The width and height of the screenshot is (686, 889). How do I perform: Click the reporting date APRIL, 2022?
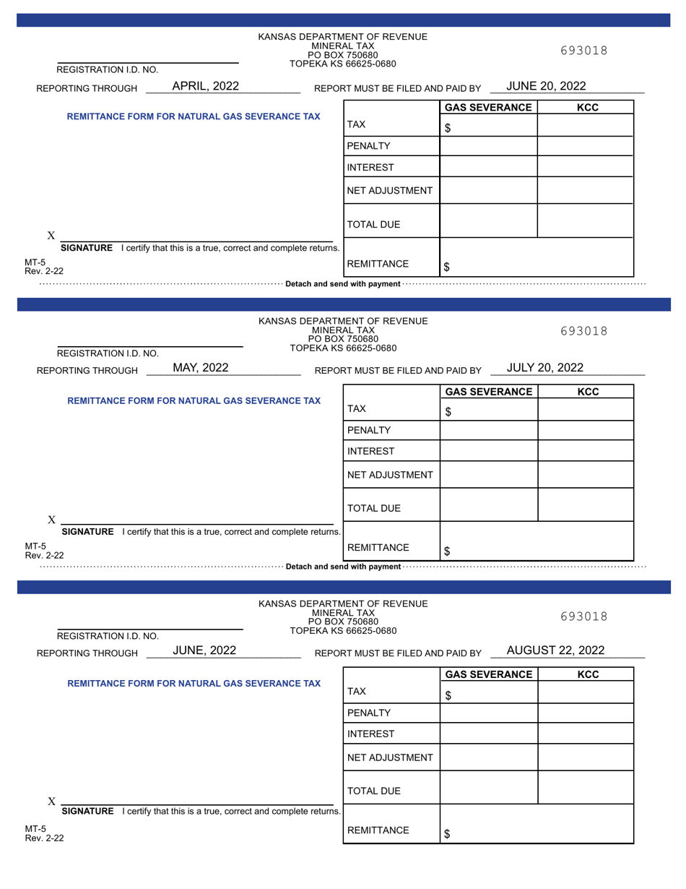(x=205, y=86)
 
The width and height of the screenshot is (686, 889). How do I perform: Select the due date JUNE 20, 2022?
(x=546, y=86)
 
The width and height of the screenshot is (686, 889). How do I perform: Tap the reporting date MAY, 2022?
(x=201, y=368)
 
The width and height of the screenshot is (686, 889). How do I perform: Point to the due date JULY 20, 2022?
(x=544, y=368)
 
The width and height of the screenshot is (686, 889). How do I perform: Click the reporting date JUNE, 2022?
(x=204, y=650)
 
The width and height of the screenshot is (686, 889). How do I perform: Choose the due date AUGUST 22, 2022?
(x=555, y=650)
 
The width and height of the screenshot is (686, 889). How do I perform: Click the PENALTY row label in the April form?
(x=368, y=146)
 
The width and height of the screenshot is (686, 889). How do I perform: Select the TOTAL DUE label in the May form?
(x=373, y=509)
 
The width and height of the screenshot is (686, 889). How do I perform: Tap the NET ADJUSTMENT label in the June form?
(x=390, y=757)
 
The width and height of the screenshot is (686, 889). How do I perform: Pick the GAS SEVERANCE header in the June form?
(x=489, y=674)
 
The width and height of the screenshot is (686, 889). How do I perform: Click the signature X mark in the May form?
(x=51, y=520)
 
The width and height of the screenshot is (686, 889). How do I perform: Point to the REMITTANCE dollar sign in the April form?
(x=447, y=267)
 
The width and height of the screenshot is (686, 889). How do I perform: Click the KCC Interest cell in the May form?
(x=586, y=452)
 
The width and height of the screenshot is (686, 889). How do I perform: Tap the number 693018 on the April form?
(x=583, y=51)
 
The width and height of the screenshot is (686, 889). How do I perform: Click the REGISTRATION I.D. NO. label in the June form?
(x=108, y=636)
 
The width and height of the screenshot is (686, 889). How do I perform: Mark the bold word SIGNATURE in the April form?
(x=87, y=248)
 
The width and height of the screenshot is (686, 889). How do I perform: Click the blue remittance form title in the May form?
(x=194, y=400)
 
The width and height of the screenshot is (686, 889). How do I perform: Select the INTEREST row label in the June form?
(x=370, y=734)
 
